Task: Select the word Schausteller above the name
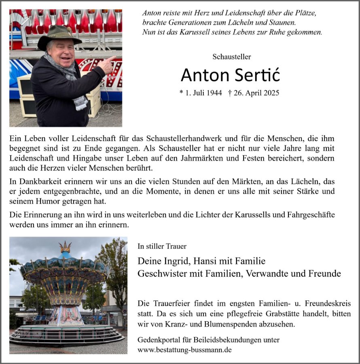pyautogui.click(x=231, y=57)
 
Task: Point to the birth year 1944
pyautogui.click(x=214, y=93)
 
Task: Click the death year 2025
pyautogui.click(x=271, y=93)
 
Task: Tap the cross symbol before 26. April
pyautogui.click(x=230, y=93)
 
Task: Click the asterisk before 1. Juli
pyautogui.click(x=181, y=93)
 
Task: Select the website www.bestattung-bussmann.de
pyautogui.click(x=184, y=350)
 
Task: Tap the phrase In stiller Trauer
pyautogui.click(x=162, y=246)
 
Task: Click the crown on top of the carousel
pyautogui.click(x=65, y=246)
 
